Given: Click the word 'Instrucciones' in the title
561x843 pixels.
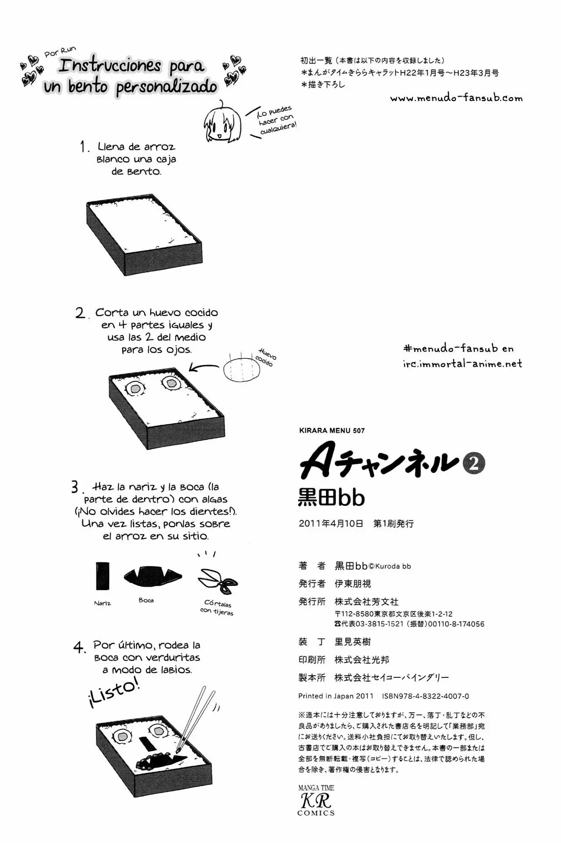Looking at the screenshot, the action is click(x=110, y=66).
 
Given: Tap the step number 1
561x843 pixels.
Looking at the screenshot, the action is click(x=84, y=147).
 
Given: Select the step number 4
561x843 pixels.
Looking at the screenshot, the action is click(x=79, y=647).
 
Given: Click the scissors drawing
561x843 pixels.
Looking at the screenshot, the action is click(x=218, y=580).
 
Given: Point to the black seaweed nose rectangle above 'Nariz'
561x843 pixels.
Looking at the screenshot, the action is click(x=103, y=576).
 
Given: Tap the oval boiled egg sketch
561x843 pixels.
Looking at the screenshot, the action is click(x=241, y=369).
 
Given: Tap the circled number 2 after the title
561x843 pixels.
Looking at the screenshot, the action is click(x=474, y=464).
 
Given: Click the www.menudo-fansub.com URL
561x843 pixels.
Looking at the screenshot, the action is click(x=456, y=98).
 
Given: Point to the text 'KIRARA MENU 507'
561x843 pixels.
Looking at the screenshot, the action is click(x=332, y=430).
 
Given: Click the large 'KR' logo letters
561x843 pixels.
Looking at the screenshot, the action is click(x=316, y=801).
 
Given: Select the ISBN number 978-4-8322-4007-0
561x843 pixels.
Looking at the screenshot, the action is click(x=426, y=696).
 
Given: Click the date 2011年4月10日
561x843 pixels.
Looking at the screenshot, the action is click(x=331, y=523).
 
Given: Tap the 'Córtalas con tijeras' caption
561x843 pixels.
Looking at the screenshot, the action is click(x=217, y=607).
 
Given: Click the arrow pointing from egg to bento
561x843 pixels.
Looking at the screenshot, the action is click(x=203, y=367).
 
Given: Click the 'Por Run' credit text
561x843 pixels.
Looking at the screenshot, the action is click(x=60, y=52).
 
